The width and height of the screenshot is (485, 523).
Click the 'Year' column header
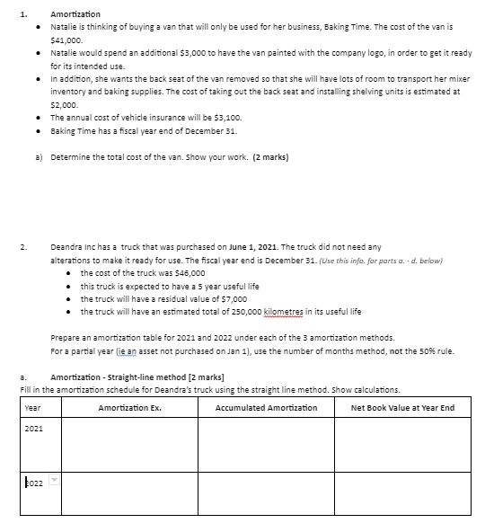(32, 409)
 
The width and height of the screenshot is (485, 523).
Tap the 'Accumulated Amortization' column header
(266, 409)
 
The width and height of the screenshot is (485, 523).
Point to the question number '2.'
(24, 245)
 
